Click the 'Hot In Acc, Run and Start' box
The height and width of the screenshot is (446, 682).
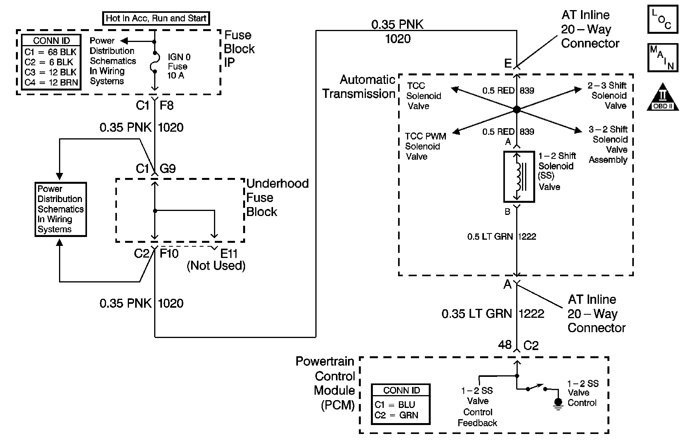point(156,18)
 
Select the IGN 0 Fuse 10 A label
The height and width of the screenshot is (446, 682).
point(179,66)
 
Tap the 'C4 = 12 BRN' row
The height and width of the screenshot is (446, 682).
point(51,82)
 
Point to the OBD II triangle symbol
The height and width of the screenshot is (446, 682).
point(663,97)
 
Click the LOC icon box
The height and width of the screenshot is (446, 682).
point(662,19)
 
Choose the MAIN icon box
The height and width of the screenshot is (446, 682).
point(662,57)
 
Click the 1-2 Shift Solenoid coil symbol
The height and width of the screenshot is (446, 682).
point(519,177)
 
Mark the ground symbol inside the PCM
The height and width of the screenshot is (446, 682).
point(558,403)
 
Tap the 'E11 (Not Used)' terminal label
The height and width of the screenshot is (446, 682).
point(216,260)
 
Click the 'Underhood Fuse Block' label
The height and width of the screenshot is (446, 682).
point(277,198)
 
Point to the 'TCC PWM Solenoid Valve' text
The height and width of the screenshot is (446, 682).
point(425,146)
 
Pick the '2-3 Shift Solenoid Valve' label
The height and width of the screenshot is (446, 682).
point(607,96)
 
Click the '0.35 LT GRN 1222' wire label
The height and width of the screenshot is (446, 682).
point(493,314)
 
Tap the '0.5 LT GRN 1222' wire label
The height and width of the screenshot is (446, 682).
point(501,237)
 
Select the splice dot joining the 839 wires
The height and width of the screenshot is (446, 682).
point(517,110)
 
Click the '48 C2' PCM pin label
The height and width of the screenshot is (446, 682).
point(518,345)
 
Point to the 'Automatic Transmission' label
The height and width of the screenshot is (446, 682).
point(359,87)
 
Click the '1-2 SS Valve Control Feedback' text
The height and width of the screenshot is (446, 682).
point(477,407)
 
